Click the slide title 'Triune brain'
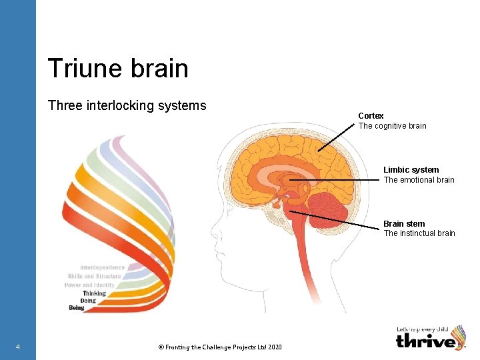[118, 69]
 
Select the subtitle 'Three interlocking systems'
[127, 105]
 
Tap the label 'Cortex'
[371, 116]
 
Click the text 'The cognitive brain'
[393, 126]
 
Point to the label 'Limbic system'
[411, 170]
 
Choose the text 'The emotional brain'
[419, 180]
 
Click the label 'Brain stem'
[404, 224]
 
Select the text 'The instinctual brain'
[419, 233]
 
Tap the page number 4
[17, 347]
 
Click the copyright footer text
[220, 347]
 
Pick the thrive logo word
[425, 341]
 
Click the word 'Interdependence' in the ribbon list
[102, 267]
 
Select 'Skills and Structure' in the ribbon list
[95, 276]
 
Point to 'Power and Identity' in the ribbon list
[90, 285]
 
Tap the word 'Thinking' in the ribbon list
[94, 293]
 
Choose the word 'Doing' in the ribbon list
[88, 301]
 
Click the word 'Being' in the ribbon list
[77, 308]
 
